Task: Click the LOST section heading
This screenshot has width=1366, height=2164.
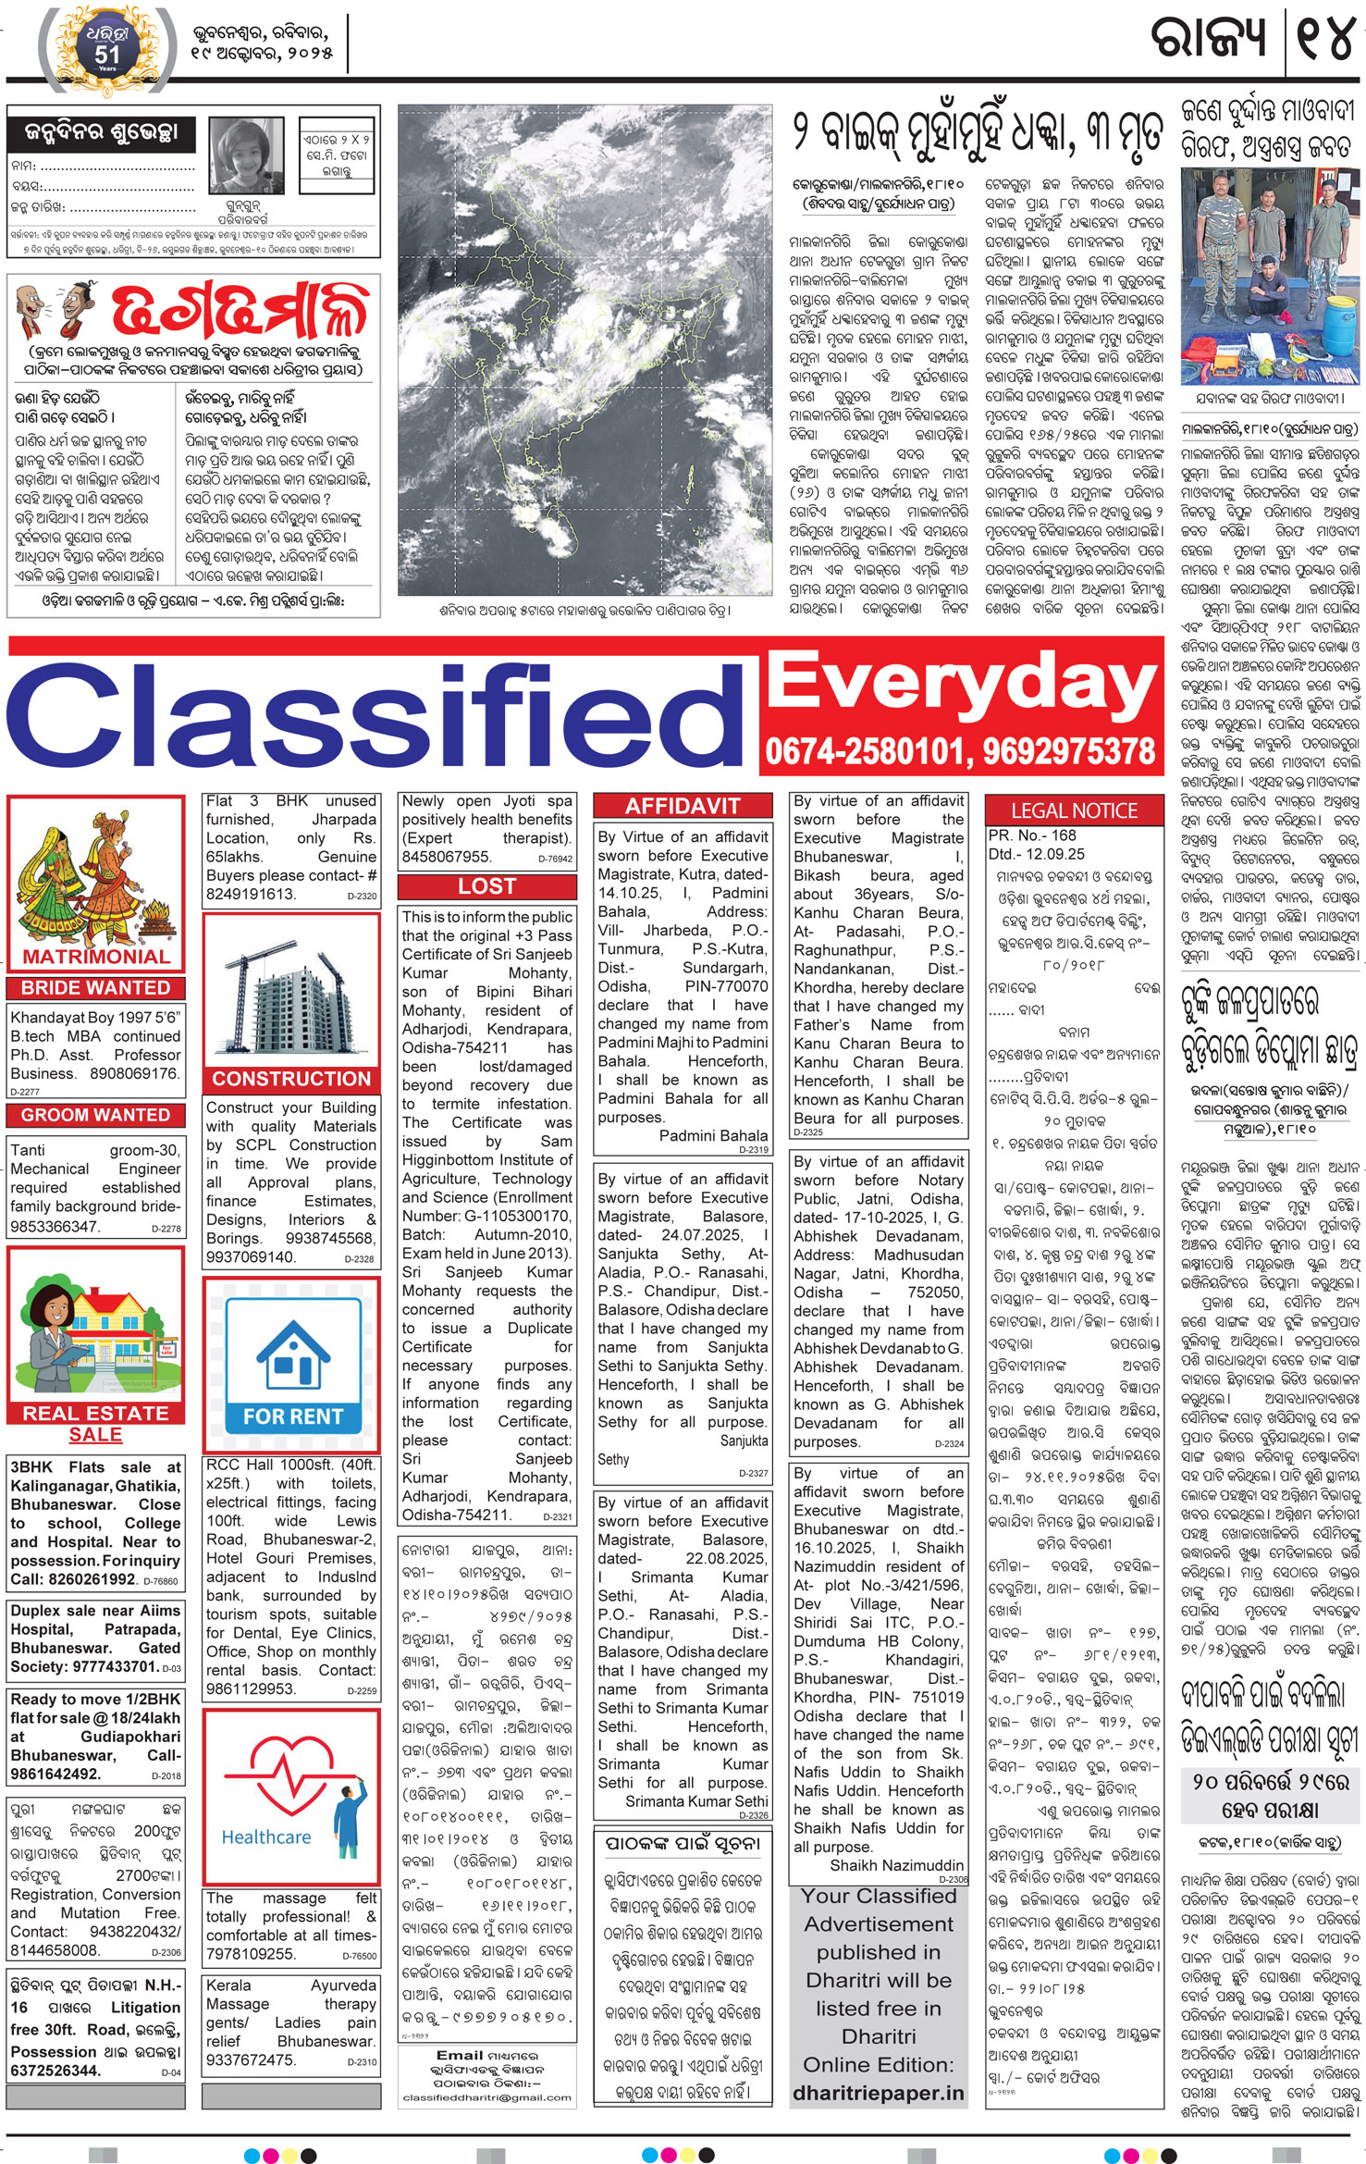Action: [486, 886]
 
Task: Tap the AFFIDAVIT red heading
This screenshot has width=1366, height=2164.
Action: [683, 806]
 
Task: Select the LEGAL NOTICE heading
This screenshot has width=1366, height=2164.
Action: [1074, 810]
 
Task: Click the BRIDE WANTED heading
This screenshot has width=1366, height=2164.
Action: [95, 988]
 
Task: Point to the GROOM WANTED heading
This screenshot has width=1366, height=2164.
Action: [95, 1115]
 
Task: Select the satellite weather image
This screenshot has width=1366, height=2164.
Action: [585, 350]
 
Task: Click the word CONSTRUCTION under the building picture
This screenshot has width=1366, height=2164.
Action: [291, 1079]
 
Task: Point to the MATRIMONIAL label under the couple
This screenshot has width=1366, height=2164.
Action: [96, 957]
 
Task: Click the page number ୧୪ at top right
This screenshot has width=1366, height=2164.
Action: [1325, 39]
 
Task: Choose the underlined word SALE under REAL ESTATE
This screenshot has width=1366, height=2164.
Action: [95, 1434]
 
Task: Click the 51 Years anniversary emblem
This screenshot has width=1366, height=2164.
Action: [107, 50]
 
